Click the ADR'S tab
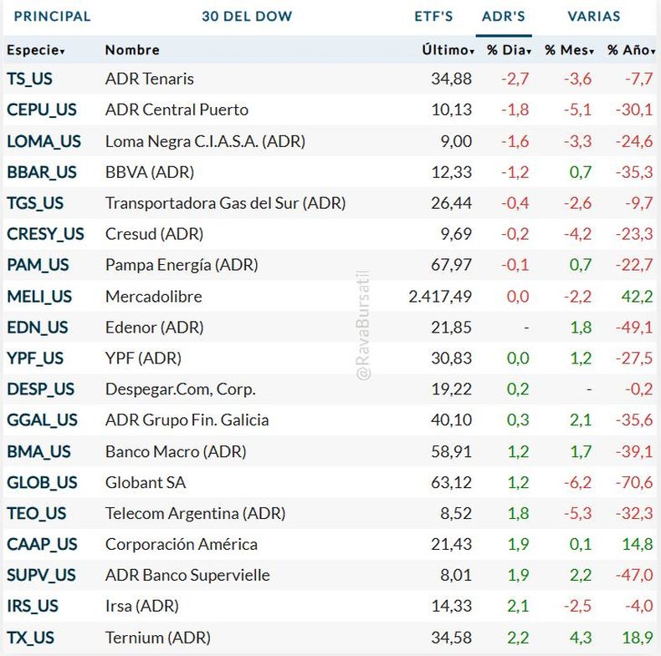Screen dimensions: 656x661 (504, 16)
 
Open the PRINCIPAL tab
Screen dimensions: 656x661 (53, 16)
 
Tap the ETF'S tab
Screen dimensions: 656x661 (433, 16)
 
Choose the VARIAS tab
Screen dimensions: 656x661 (594, 16)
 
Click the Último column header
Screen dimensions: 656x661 (448, 50)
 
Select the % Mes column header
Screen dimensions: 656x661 (569, 50)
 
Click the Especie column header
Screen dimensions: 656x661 (36, 50)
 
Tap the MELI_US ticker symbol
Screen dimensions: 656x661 (39, 296)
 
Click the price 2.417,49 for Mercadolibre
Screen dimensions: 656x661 (440, 296)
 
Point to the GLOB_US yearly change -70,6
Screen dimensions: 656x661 (633, 482)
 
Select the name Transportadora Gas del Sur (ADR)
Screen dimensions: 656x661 (225, 203)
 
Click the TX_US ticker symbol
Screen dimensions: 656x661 (31, 638)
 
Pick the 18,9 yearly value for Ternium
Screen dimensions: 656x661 (638, 638)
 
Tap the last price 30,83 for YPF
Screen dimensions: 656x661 (451, 358)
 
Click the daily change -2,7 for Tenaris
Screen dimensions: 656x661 (515, 79)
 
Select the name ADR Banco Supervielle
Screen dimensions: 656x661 (187, 575)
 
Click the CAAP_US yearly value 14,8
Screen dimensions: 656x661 (638, 544)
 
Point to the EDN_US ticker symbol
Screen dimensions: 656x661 (38, 327)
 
